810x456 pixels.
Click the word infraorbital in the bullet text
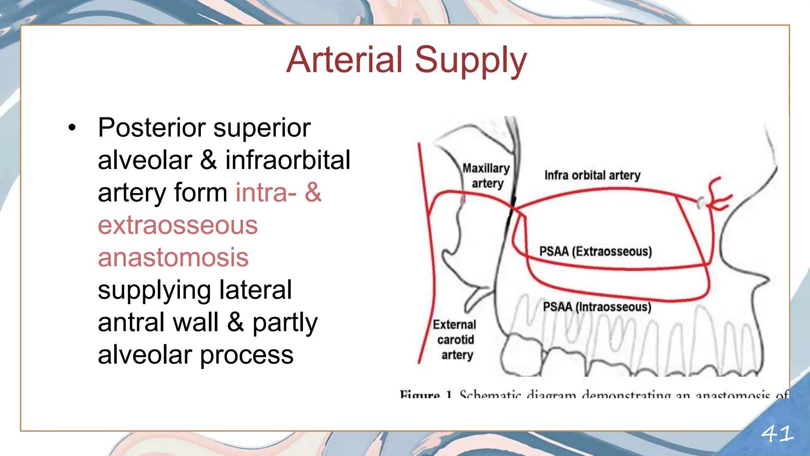288,160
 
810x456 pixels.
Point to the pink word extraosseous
178,225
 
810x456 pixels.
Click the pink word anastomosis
173,258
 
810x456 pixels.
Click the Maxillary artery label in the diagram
486,176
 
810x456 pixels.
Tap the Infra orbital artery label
592,175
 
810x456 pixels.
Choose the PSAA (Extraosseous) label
595,251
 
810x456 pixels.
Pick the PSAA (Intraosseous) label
596,307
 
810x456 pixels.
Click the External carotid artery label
455,340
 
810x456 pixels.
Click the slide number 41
777,434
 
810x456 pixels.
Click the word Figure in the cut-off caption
420,395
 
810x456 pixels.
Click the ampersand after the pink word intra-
313,193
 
